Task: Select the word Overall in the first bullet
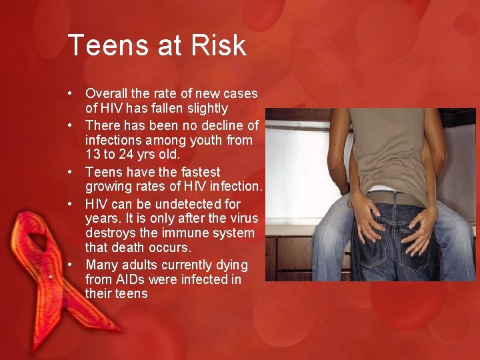click(x=108, y=94)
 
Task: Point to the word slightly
click(x=205, y=108)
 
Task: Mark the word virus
click(x=241, y=219)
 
